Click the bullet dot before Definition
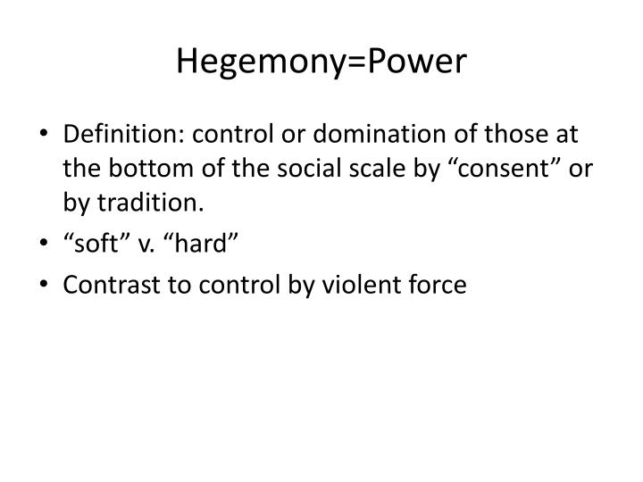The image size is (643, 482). [46, 137]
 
